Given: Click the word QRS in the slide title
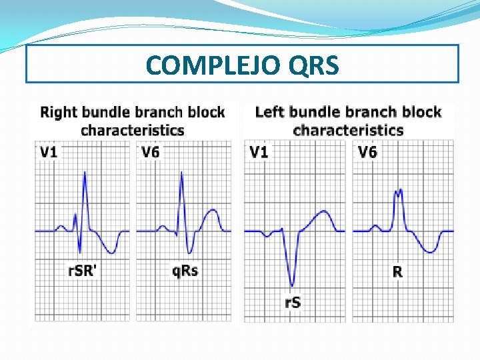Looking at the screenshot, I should point(314,65).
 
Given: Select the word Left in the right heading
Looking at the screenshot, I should point(270,111).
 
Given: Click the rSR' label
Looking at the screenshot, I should point(83,271).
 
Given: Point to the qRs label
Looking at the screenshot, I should point(185,271).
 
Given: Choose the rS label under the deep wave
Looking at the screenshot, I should point(293,302).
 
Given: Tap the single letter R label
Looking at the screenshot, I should point(397,271).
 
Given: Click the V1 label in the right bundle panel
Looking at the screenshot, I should point(49,152).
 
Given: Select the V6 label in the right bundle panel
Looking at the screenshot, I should point(151,152).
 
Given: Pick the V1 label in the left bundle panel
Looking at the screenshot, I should point(259,152).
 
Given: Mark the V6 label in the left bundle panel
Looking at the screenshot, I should point(367,152).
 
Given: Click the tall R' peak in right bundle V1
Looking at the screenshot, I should point(85,173).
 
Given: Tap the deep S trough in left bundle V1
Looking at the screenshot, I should point(292,285).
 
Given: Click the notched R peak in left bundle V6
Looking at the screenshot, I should point(399,192).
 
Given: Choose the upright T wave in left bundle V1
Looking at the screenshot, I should point(323,213).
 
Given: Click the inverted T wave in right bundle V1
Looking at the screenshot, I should point(113,251).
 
